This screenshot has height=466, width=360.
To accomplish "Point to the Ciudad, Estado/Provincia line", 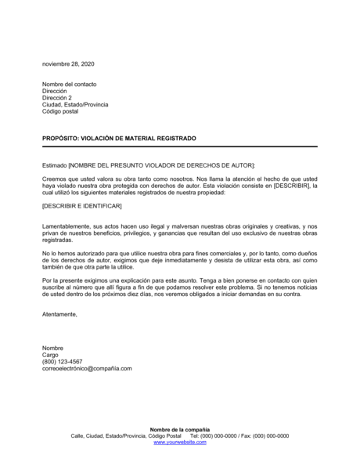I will click(75, 105).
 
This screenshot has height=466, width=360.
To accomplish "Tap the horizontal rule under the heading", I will click(168, 146).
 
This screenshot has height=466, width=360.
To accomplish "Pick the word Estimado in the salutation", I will click(55, 165).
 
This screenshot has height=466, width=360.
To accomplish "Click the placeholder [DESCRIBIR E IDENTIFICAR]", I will click(81, 205).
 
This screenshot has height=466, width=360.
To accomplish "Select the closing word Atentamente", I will click(59, 314).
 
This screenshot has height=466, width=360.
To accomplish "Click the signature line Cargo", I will click(50, 355).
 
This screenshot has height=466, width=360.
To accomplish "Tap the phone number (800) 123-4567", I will click(63, 362).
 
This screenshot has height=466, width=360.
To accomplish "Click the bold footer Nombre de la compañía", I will click(180, 430).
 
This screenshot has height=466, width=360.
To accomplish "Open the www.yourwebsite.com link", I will click(180, 443).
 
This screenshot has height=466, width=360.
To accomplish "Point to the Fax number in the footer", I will click(261, 436).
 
